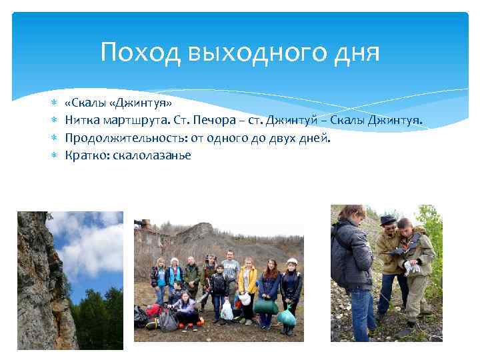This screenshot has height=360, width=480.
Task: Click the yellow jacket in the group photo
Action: [247, 279]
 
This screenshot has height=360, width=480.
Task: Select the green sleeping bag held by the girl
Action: [267, 307]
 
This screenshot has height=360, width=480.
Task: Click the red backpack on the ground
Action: [154, 311]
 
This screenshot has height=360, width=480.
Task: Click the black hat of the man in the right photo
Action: [387, 220]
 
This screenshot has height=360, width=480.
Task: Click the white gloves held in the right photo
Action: [411, 267]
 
